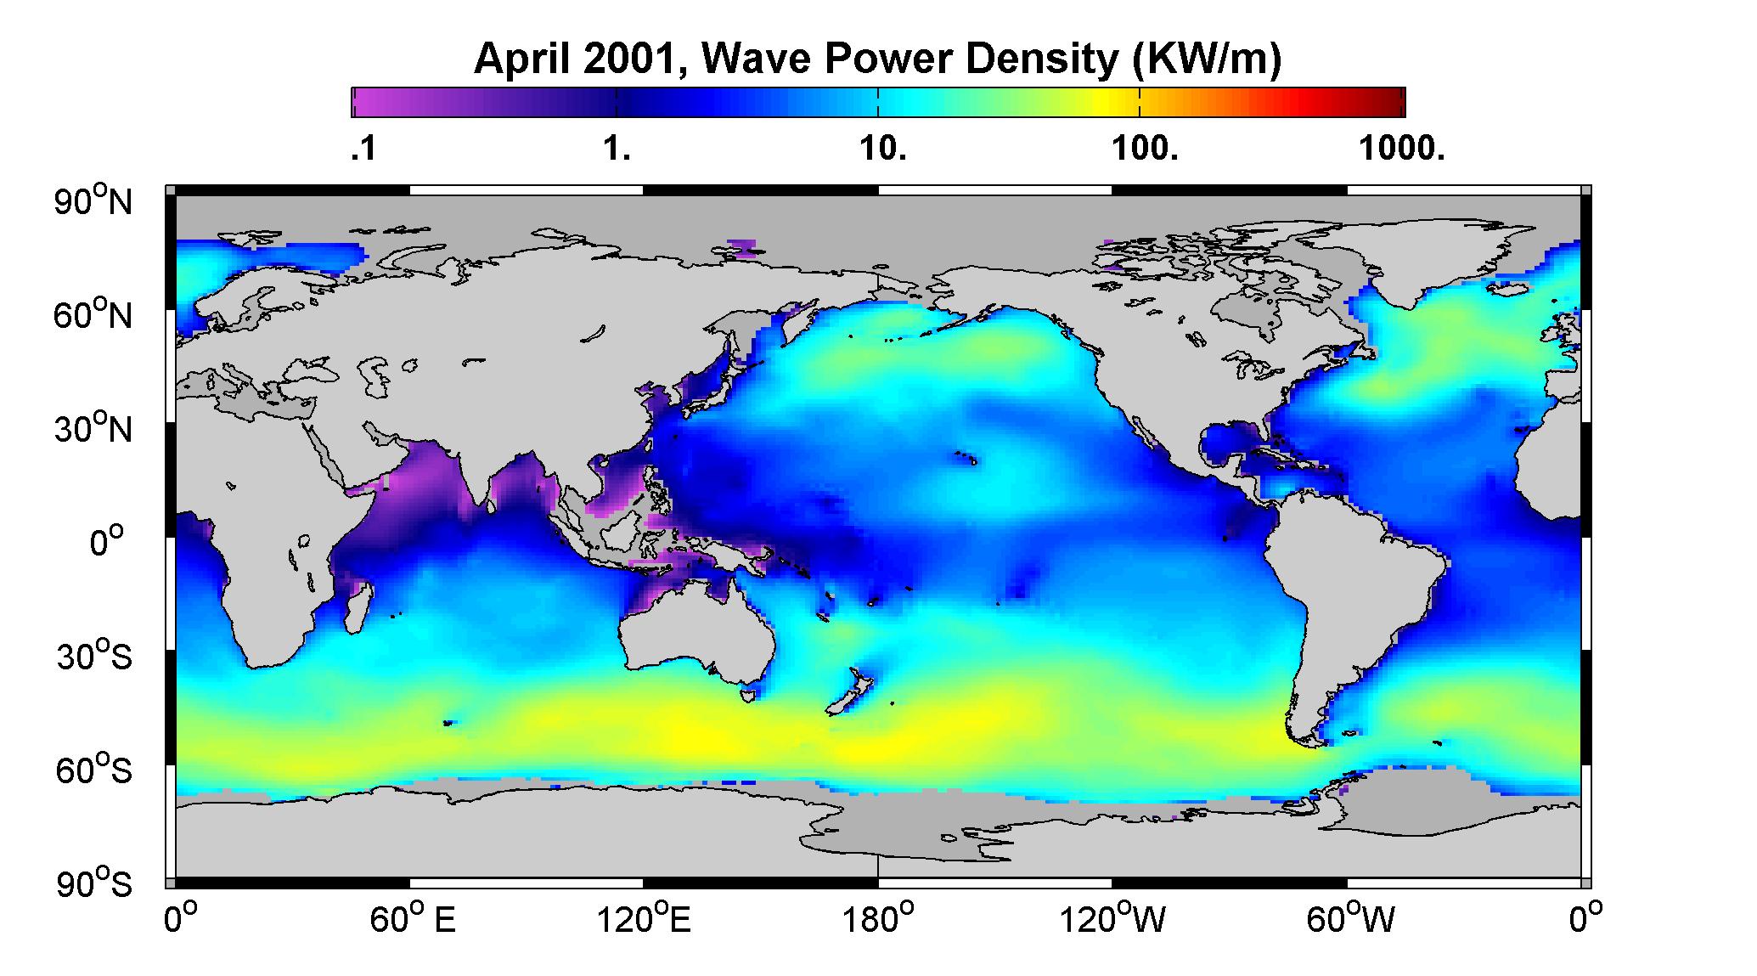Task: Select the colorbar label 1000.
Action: pos(1402,150)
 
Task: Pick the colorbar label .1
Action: pos(363,150)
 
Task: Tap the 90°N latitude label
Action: pos(94,202)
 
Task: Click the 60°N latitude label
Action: pos(94,316)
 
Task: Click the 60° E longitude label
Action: pos(413,919)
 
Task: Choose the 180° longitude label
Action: pos(877,919)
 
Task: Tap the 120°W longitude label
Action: pos(1113,919)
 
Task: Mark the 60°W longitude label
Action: pos(1349,919)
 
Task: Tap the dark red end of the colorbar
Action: pos(1395,102)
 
